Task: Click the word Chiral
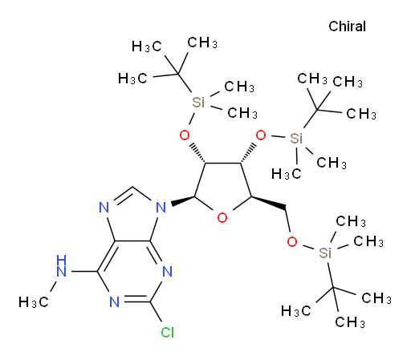pyautogui.click(x=347, y=26)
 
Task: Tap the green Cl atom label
pyautogui.click(x=168, y=333)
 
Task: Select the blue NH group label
pyautogui.click(x=62, y=266)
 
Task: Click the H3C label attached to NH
pyautogui.click(x=34, y=302)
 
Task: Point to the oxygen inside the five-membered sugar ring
pyautogui.click(x=222, y=218)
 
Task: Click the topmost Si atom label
pyautogui.click(x=198, y=103)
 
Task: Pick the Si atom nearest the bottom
pyautogui.click(x=325, y=253)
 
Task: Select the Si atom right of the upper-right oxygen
pyautogui.click(x=296, y=139)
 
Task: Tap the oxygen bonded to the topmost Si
pyautogui.click(x=185, y=136)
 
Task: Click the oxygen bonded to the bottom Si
pyautogui.click(x=292, y=242)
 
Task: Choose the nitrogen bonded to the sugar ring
pyautogui.click(x=161, y=208)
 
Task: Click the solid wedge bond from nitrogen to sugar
pyautogui.click(x=183, y=201)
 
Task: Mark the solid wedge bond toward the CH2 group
pyautogui.click(x=268, y=202)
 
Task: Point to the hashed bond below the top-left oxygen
pyautogui.click(x=197, y=154)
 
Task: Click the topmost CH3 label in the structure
pyautogui.click(x=202, y=42)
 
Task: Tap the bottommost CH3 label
pyautogui.click(x=350, y=322)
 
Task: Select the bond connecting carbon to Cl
pyautogui.click(x=156, y=312)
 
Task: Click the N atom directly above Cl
pyautogui.click(x=168, y=272)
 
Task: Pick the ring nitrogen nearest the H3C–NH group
pyautogui.click(x=114, y=302)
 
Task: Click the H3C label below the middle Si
pyautogui.click(x=287, y=174)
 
